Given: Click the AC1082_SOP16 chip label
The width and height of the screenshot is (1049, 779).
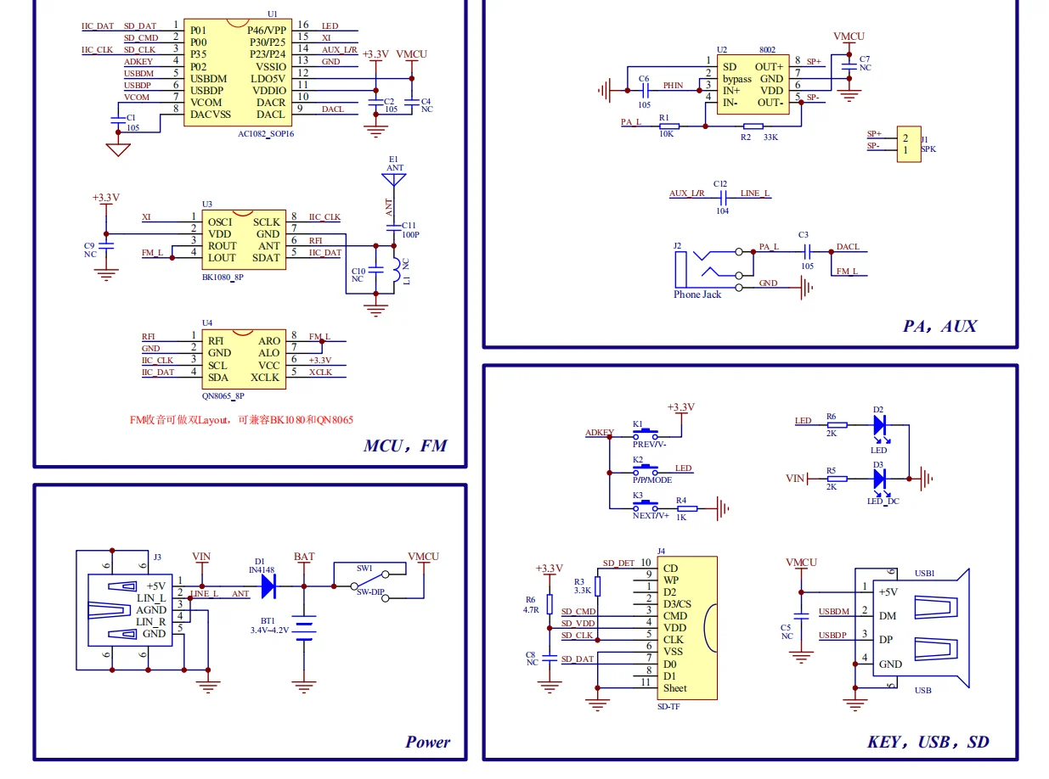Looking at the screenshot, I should (266, 133).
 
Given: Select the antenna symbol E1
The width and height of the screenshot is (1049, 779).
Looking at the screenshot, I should (393, 180).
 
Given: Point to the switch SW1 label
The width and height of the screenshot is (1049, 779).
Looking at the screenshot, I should (364, 568).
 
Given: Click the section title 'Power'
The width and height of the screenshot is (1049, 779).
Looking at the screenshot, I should (427, 742).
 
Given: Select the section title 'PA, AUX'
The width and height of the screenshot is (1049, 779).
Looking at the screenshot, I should (939, 326).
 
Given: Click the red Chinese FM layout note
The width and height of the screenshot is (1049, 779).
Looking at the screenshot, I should (241, 420).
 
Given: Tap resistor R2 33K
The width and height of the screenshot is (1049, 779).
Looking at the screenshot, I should (746, 126).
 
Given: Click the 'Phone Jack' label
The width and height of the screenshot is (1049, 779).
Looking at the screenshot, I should (697, 294).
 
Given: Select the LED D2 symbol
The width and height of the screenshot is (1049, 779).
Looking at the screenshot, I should (879, 424).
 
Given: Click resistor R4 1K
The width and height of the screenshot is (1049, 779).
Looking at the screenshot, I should (686, 508).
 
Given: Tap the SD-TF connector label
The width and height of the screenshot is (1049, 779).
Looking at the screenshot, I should (669, 706).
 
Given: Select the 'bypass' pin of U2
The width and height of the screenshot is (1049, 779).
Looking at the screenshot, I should (736, 79).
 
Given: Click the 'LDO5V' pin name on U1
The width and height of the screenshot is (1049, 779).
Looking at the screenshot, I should (268, 78).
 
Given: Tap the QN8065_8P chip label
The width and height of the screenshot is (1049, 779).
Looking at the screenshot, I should (223, 395).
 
